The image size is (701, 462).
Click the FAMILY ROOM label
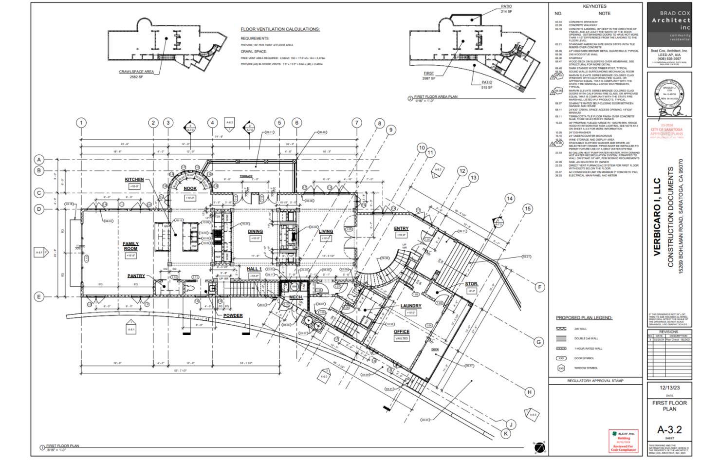tap(130, 246)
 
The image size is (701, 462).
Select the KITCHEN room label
tap(134, 180)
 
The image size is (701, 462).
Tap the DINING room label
tap(255, 232)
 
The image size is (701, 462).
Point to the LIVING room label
tap(326, 232)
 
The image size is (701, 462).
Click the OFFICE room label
tap(402, 332)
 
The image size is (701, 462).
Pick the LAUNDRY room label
tap(411, 306)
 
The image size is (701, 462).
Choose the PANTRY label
tap(136, 276)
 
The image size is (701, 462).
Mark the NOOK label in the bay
tap(190, 189)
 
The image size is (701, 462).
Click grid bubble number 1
tap(81, 123)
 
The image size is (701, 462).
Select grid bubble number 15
tap(528, 209)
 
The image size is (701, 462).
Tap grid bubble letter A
tap(38, 160)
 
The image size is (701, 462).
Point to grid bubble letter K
tap(506, 433)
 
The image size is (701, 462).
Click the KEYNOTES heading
tap(594, 6)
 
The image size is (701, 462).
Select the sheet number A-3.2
tap(669, 430)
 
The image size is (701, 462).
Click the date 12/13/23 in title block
tap(669, 388)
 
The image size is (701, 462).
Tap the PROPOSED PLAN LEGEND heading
tap(584, 318)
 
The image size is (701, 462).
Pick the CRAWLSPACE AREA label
tap(136, 72)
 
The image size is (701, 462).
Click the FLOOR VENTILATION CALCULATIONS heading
tap(280, 29)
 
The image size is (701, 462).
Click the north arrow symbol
tap(539, 447)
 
